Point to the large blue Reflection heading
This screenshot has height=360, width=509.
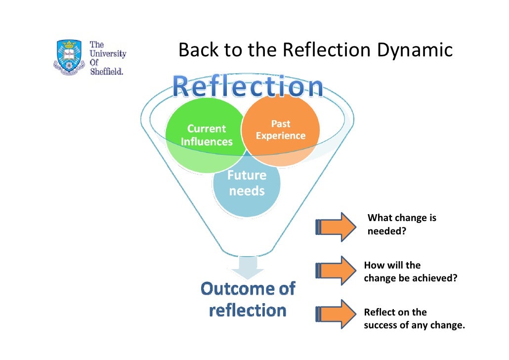[x=248, y=88]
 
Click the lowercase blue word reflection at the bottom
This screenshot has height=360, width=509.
[x=248, y=310]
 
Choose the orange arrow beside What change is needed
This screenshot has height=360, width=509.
[x=335, y=226]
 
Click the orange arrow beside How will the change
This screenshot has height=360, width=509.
[x=335, y=270]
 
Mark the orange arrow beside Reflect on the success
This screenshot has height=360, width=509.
[x=335, y=315]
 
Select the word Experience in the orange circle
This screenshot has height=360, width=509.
[x=280, y=136]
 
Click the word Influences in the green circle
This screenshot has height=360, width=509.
[x=207, y=142]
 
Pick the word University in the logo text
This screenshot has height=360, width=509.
[x=108, y=53]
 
